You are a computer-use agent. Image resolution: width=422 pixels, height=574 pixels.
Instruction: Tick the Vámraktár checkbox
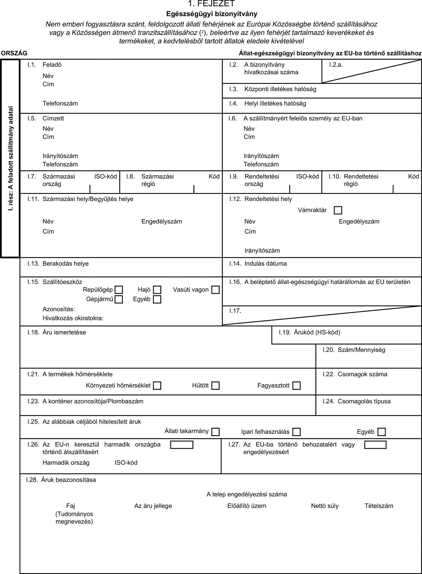click(x=338, y=210)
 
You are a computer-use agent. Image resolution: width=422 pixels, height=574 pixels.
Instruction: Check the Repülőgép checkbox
click(x=119, y=290)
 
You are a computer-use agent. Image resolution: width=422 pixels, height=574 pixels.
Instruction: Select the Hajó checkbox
click(x=157, y=290)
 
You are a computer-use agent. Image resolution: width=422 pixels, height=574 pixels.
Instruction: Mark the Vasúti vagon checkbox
click(x=215, y=290)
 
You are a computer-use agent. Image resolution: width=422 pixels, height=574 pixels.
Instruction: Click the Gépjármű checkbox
click(x=119, y=299)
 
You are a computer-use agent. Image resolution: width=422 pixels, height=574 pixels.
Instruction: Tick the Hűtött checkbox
click(x=215, y=385)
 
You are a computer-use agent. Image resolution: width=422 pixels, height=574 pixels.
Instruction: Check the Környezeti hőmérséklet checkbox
click(x=157, y=385)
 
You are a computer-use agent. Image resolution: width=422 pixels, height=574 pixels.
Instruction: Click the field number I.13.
click(x=33, y=264)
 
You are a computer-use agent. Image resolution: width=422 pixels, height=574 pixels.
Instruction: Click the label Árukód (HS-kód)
click(x=317, y=332)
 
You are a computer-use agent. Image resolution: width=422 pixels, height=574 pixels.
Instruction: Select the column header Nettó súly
click(x=325, y=506)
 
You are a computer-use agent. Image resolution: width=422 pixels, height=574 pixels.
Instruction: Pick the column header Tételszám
click(x=379, y=506)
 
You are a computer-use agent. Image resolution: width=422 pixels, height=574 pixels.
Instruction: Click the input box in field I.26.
click(x=182, y=445)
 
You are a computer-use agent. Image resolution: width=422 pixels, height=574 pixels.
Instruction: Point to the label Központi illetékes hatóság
click(x=280, y=89)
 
